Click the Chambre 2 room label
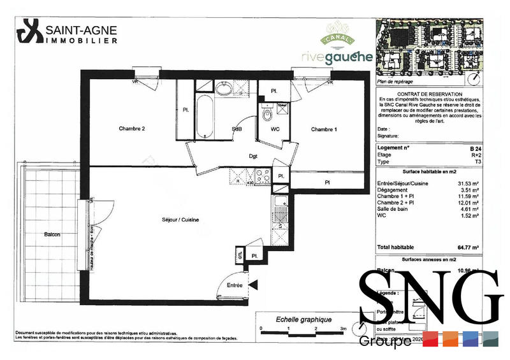(x=132, y=129)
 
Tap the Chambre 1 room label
(x=324, y=129)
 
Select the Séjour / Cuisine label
(x=180, y=220)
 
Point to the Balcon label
(x=52, y=234)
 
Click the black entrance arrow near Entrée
(x=253, y=285)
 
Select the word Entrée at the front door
(x=235, y=286)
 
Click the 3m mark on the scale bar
(x=344, y=329)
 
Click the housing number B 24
(x=475, y=147)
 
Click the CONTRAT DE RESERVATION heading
(x=429, y=94)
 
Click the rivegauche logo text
(x=337, y=57)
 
